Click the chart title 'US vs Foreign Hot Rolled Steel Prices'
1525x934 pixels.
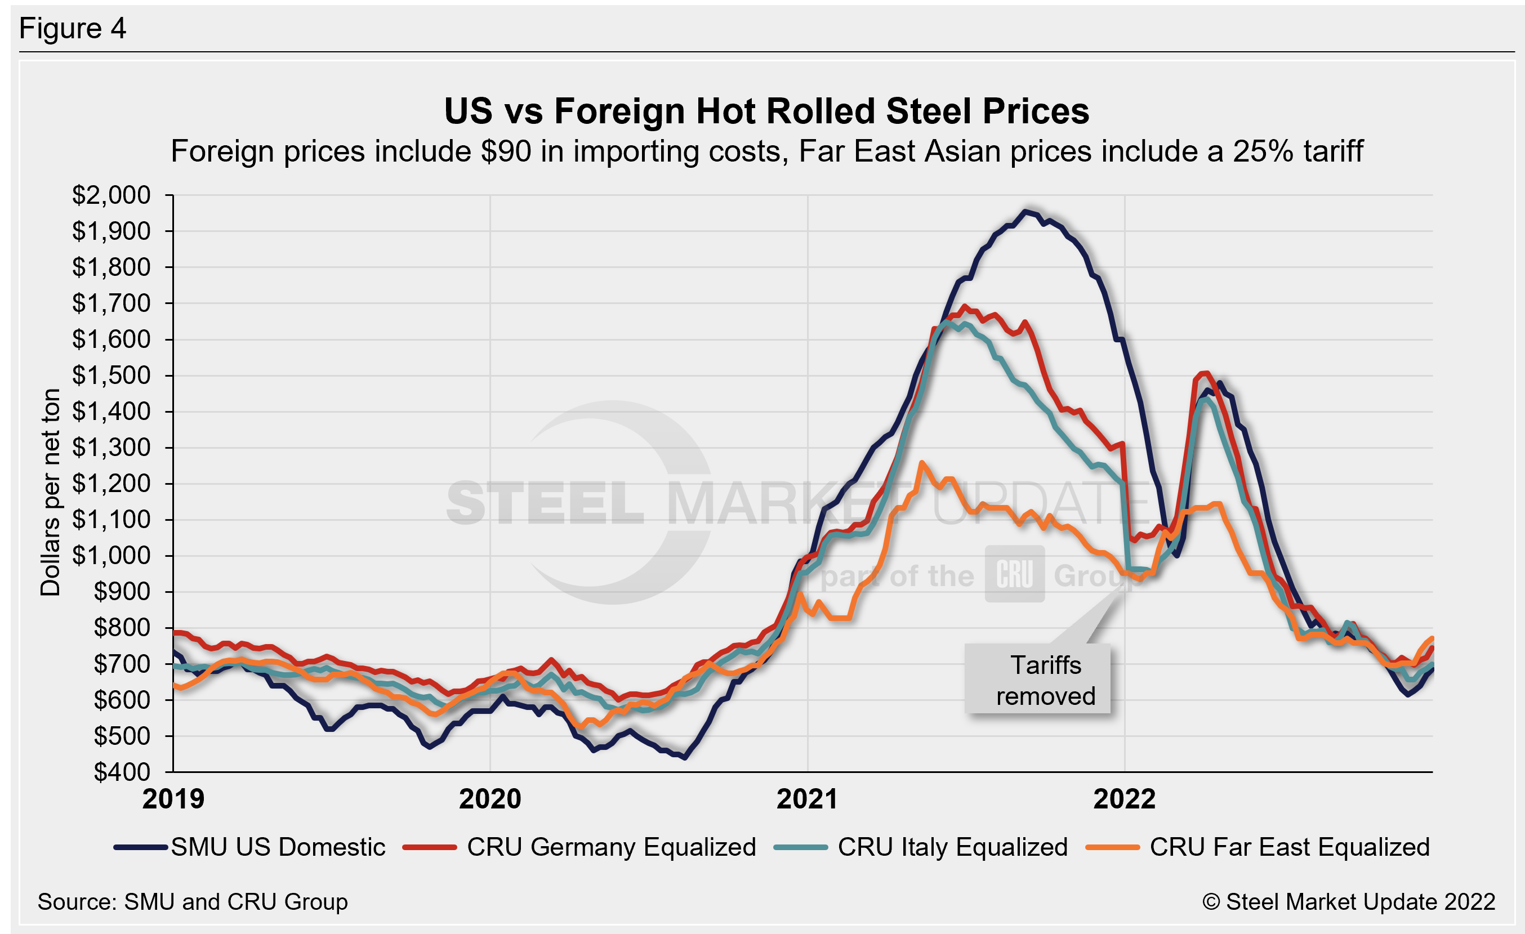point(766,111)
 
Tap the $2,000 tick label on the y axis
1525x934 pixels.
point(112,195)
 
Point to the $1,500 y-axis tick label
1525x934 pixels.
point(112,376)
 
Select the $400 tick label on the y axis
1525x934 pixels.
point(122,772)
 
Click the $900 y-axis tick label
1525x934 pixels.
point(122,592)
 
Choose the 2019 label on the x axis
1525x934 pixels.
point(173,799)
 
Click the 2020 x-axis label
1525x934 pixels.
point(490,799)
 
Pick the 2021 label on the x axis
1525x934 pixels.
point(807,799)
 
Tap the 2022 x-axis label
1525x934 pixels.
point(1125,799)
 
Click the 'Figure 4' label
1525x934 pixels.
point(73,29)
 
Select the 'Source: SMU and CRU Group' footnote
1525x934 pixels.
point(193,902)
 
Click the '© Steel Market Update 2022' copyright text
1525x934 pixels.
point(1349,902)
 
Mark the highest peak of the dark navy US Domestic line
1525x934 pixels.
point(1025,212)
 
